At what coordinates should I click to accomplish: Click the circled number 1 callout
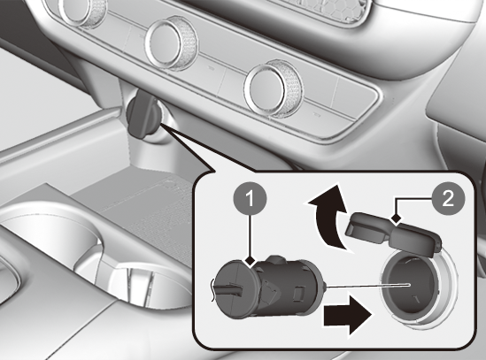tap(250, 199)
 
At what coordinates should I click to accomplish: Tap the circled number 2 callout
tap(448, 198)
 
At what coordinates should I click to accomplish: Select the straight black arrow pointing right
tap(347, 316)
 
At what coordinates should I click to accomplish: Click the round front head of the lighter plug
tap(235, 289)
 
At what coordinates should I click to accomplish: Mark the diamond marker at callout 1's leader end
tap(250, 262)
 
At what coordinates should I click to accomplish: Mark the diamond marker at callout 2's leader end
tap(396, 219)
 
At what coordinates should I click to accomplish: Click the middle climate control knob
tap(172, 44)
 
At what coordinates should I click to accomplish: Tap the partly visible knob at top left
tap(81, 11)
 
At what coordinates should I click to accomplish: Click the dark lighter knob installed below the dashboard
tap(143, 119)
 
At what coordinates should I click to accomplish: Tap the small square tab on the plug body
tap(299, 292)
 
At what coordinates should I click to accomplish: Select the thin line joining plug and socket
tap(368, 286)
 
